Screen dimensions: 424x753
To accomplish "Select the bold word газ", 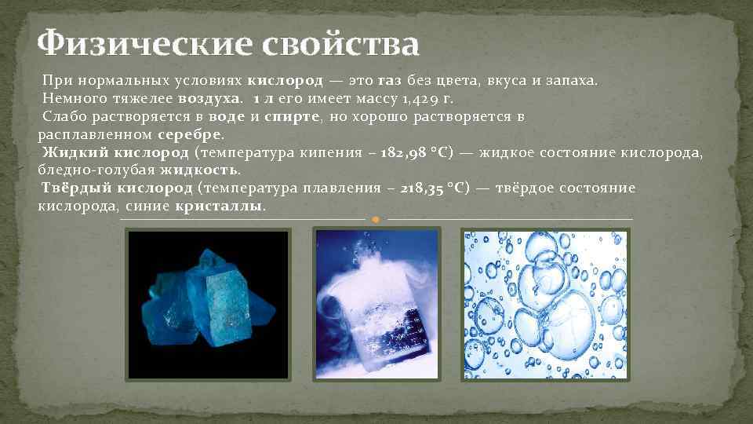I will click(x=389, y=81).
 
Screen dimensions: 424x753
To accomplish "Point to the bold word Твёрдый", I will click(x=75, y=188).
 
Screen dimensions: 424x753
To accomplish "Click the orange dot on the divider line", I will click(x=376, y=218).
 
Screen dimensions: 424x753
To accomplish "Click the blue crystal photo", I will click(x=209, y=305).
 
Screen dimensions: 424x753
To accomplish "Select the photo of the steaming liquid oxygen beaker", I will click(x=376, y=305).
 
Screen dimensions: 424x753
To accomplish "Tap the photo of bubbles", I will click(x=545, y=305).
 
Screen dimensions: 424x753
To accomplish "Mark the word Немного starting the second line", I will click(x=71, y=99).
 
